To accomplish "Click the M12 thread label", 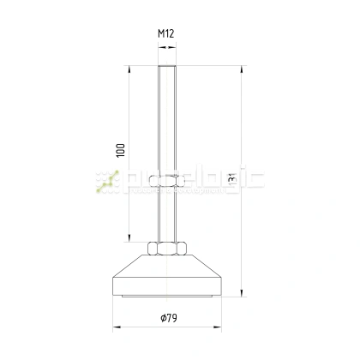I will click(x=166, y=35).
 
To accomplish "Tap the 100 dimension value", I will click(x=121, y=152).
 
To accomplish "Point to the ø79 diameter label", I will click(x=168, y=319).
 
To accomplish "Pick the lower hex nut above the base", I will click(x=167, y=248).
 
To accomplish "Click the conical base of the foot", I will click(x=167, y=274).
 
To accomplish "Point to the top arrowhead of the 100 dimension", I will click(x=129, y=69).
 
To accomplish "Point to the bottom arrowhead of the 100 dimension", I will click(x=129, y=240).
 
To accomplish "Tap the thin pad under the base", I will click(x=167, y=296).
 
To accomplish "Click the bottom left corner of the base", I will click(x=112, y=292).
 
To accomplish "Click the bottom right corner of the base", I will click(x=223, y=292).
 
